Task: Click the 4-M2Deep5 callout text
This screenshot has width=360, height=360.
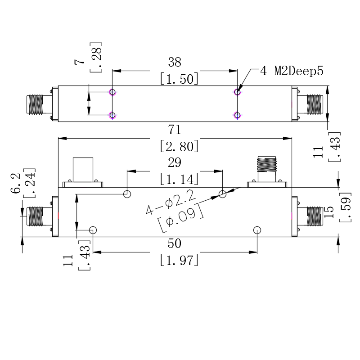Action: point(292,71)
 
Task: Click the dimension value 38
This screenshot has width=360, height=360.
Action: point(175,62)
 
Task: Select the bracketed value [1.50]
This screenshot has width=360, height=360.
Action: point(179,79)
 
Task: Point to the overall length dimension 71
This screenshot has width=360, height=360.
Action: point(175,130)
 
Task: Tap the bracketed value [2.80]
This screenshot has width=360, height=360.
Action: point(179,146)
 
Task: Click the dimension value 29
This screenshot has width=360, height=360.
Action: point(175,162)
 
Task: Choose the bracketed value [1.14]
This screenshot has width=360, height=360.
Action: point(179,179)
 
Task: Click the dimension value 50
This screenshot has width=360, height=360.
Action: point(175,243)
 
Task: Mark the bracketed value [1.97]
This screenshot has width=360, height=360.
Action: point(179,260)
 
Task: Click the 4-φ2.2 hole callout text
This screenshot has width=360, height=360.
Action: point(171,202)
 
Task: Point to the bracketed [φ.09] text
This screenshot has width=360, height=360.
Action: point(181,218)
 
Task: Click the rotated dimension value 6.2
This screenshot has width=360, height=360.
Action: point(16,183)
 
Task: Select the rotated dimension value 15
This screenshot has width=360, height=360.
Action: point(328,212)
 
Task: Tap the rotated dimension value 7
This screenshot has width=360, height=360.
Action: point(79,62)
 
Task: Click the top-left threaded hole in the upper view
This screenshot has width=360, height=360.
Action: point(112,92)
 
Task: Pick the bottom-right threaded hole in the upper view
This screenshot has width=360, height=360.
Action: point(237,115)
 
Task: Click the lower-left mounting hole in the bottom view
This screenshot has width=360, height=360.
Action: point(93,230)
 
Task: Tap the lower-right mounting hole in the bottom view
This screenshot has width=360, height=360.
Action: point(257,230)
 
